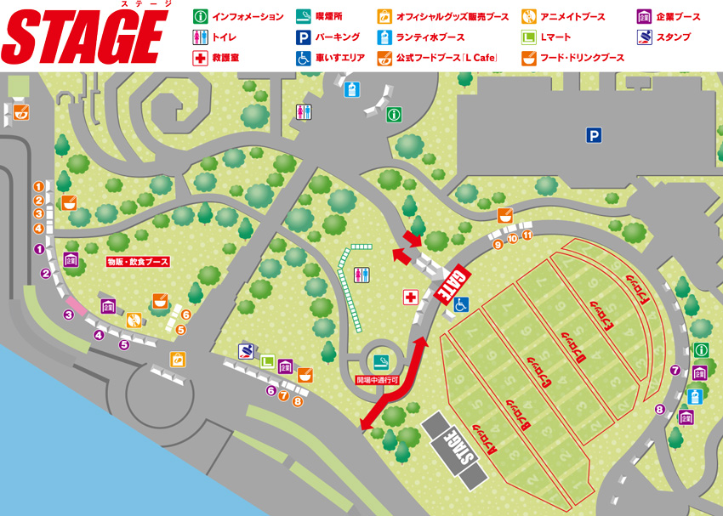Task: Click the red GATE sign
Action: (x=453, y=282)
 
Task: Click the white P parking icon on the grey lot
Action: (x=593, y=134)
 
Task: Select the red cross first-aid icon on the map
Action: (x=410, y=297)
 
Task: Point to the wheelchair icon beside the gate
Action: (x=462, y=303)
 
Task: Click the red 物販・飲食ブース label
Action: (x=139, y=261)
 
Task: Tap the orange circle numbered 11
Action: (x=527, y=235)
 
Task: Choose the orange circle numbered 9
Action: (x=498, y=245)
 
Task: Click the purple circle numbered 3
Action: (x=69, y=315)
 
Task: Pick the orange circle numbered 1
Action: (x=38, y=186)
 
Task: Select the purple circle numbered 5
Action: (x=124, y=344)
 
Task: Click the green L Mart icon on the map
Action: (x=267, y=361)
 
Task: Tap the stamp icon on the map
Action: (x=247, y=350)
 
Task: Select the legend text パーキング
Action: (x=338, y=37)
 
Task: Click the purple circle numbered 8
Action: (x=659, y=410)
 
